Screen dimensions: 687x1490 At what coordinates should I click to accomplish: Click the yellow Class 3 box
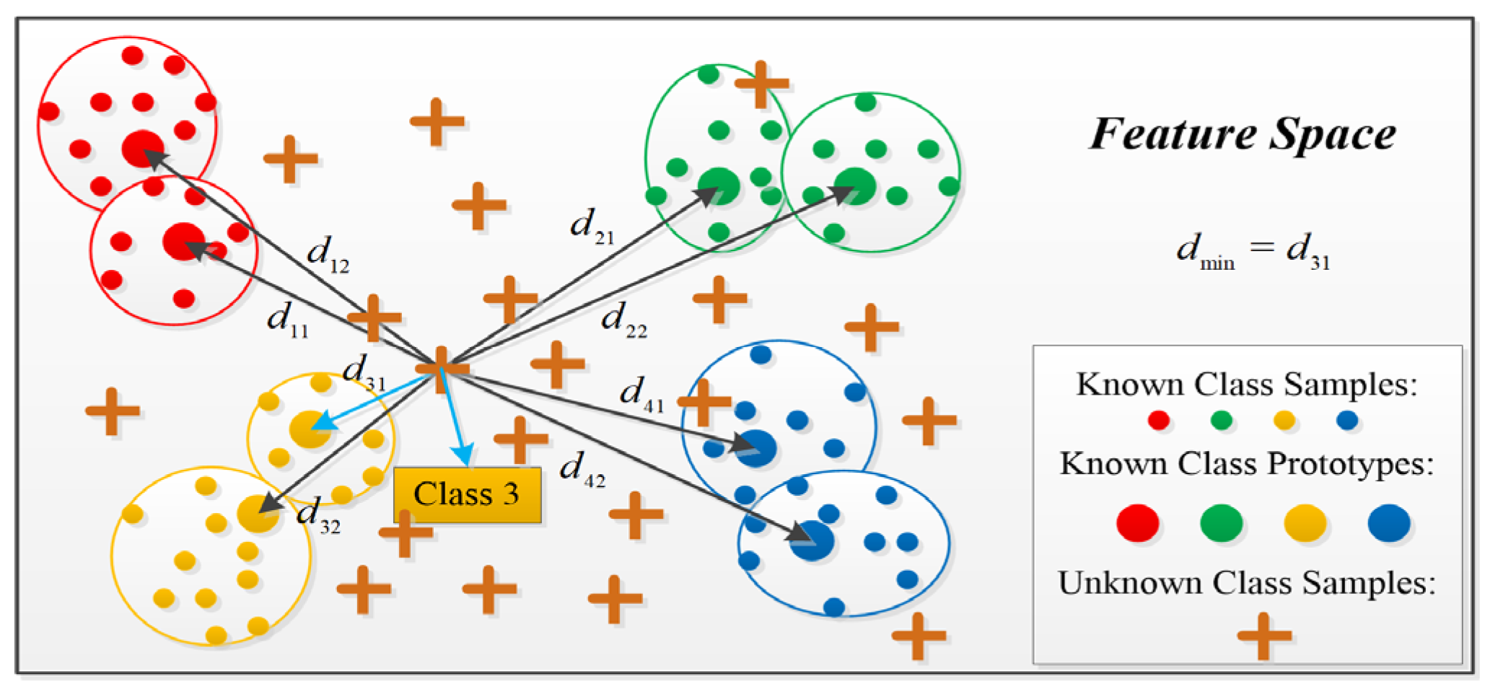tap(467, 494)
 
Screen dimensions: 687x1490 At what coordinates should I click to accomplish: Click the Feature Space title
tap(1242, 134)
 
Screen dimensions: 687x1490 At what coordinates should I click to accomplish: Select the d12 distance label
tap(328, 254)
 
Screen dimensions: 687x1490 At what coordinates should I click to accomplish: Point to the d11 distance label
tap(287, 320)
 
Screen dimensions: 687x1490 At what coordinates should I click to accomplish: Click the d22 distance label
tap(623, 320)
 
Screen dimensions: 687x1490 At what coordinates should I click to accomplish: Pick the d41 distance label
tap(641, 394)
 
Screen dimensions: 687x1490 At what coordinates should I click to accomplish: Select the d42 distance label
tap(582, 469)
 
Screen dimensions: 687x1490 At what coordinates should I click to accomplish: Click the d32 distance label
tap(317, 515)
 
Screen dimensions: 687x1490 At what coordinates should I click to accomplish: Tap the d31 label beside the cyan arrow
tap(363, 373)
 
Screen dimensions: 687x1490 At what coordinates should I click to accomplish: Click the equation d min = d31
tap(1253, 251)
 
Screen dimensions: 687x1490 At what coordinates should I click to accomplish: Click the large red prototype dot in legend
tap(1137, 523)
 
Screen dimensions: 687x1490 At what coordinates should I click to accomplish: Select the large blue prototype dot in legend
tap(1388, 523)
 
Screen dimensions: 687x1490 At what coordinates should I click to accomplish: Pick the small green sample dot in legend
tap(1221, 420)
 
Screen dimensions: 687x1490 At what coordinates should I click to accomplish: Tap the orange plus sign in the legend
tap(1263, 636)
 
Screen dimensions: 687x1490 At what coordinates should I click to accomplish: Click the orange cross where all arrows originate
tap(442, 368)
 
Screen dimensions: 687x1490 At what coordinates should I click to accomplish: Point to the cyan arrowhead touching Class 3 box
tap(465, 456)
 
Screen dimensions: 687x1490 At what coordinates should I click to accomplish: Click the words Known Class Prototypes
tap(1246, 464)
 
